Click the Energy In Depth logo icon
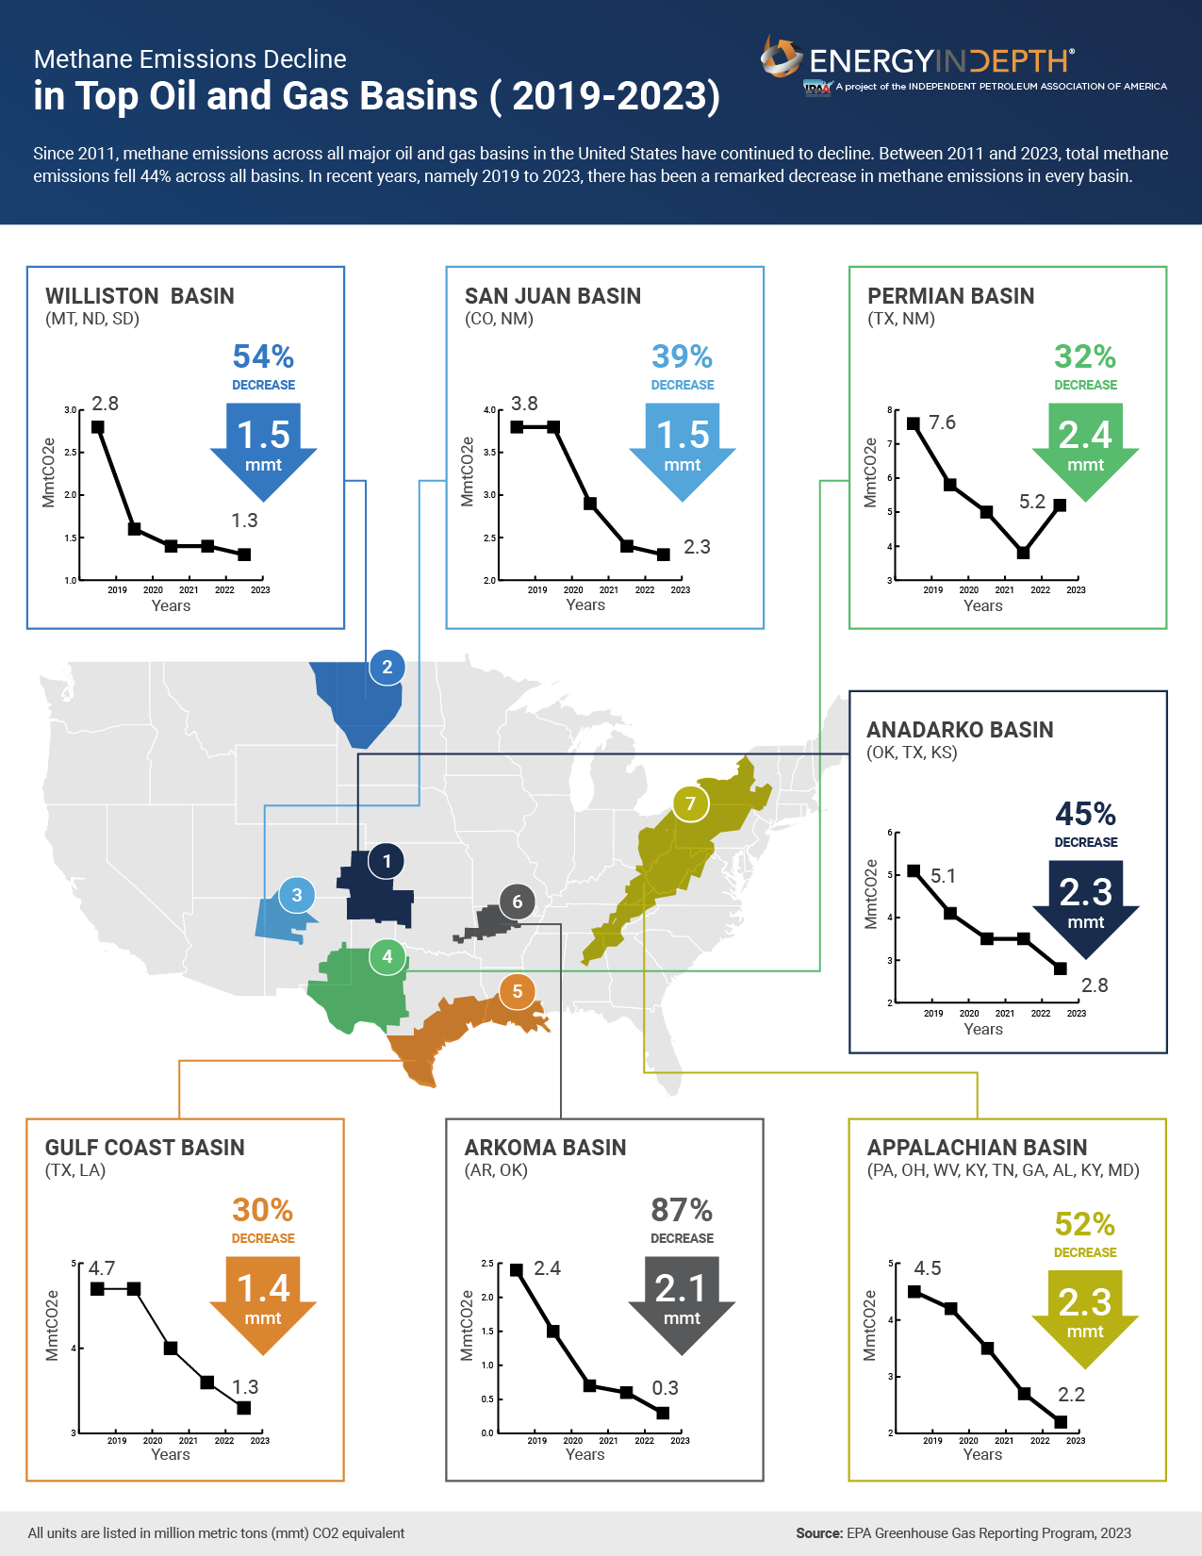(x=782, y=58)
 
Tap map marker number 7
(x=690, y=803)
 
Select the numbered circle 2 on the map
(x=387, y=667)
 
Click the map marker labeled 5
(x=517, y=991)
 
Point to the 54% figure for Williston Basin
(x=263, y=356)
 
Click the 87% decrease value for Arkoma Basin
(x=682, y=1209)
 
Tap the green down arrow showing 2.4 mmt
(x=1085, y=448)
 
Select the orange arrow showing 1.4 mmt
(x=263, y=1301)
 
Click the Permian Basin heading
(x=950, y=296)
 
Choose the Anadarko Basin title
(x=960, y=730)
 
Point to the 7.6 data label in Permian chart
(x=942, y=422)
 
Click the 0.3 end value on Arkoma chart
(x=665, y=1388)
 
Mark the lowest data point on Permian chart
(x=1023, y=553)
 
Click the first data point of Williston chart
(x=98, y=427)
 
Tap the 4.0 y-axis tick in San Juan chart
(x=489, y=410)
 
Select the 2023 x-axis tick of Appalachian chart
(x=1076, y=1440)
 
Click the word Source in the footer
(x=818, y=1533)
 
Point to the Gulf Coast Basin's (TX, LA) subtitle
(x=75, y=1170)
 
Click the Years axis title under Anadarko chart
(x=983, y=1029)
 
